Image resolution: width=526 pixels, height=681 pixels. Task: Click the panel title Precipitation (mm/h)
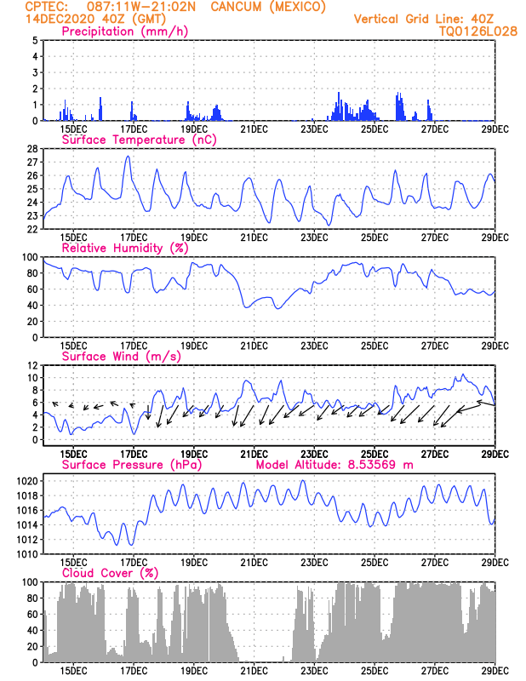click(x=124, y=31)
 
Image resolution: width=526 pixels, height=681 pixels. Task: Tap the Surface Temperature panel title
click(x=139, y=140)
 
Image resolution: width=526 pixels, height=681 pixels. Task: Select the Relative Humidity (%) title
click(x=125, y=248)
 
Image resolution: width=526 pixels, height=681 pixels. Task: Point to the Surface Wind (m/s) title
click(x=122, y=357)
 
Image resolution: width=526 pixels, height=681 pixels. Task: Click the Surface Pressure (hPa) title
click(x=132, y=465)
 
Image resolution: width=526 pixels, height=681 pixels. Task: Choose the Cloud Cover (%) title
click(x=111, y=573)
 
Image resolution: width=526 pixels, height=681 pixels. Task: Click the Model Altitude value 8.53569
click(x=372, y=465)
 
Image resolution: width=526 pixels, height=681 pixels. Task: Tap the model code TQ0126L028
click(x=478, y=31)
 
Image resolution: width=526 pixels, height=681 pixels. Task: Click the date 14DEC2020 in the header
click(x=60, y=19)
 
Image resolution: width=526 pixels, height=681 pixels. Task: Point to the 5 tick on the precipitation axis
click(x=35, y=40)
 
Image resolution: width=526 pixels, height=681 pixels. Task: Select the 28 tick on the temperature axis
click(x=32, y=149)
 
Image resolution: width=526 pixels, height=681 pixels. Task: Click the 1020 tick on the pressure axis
click(x=27, y=481)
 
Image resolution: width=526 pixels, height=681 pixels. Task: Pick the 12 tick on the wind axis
click(x=33, y=366)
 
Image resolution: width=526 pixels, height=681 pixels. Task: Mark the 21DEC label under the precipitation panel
click(x=254, y=129)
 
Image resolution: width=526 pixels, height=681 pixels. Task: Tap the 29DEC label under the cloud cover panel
click(x=495, y=671)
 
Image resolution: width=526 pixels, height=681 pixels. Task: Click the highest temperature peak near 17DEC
click(x=128, y=157)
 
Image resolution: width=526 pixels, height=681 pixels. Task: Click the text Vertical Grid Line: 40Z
click(x=424, y=19)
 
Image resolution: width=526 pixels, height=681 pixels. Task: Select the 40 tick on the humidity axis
click(x=32, y=306)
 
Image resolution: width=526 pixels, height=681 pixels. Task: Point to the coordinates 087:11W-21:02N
click(x=141, y=7)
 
